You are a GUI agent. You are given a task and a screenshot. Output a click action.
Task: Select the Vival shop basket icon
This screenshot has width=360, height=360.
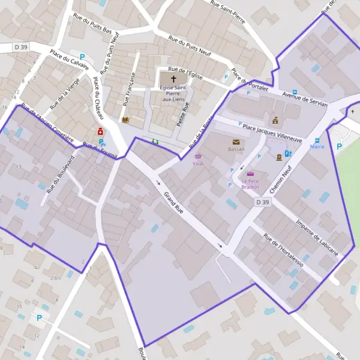(x=199, y=156)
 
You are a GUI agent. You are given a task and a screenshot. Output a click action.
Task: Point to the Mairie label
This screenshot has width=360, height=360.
(x=317, y=146)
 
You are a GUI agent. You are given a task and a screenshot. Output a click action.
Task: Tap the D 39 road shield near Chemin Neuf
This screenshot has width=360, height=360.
(x=262, y=203)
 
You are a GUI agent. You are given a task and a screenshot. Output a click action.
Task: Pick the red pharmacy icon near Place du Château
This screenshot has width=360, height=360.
(x=101, y=132)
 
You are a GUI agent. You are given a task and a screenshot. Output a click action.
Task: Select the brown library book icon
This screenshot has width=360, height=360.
(x=125, y=120)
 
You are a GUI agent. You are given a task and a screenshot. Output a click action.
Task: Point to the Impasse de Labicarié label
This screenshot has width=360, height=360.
(x=317, y=237)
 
